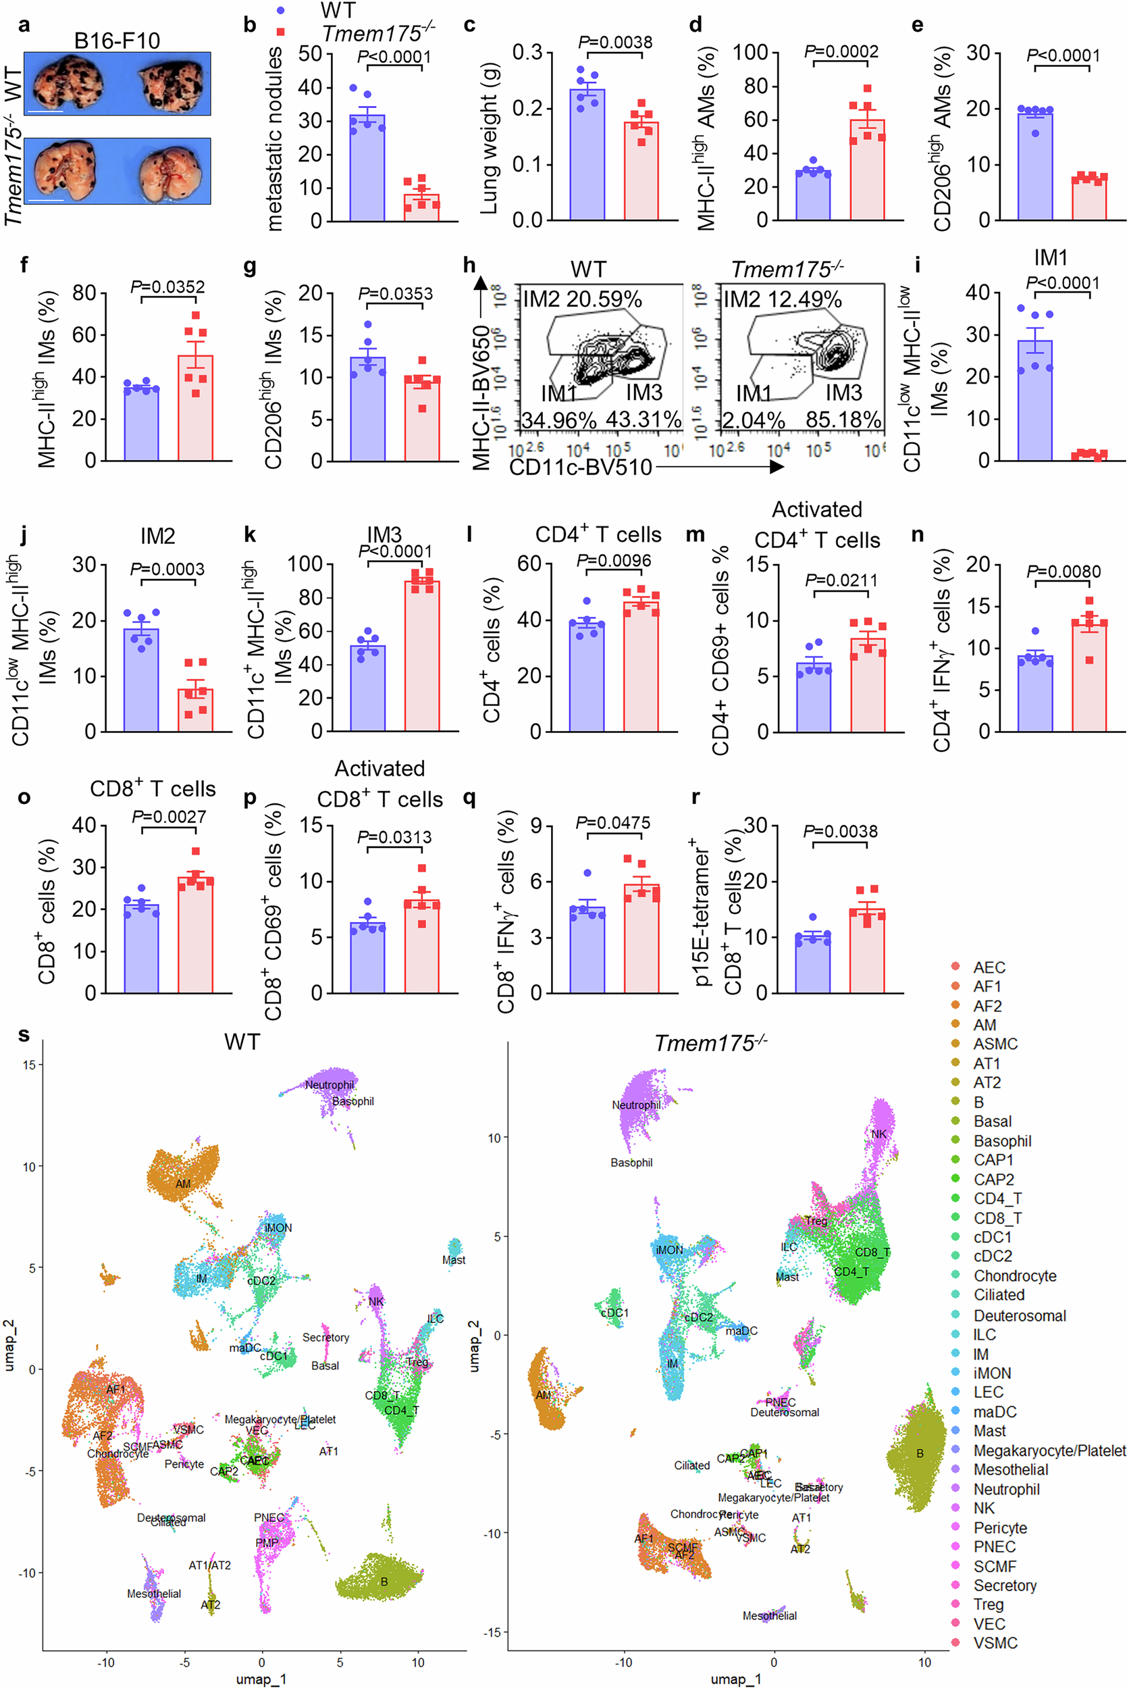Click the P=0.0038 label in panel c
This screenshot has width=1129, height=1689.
(615, 43)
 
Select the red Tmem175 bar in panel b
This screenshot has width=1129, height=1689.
(421, 207)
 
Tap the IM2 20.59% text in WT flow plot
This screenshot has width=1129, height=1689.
(582, 299)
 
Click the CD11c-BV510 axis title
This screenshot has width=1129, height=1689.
(580, 468)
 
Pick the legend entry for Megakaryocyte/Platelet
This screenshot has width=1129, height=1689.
(1049, 1450)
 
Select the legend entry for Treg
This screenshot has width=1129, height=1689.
(988, 1604)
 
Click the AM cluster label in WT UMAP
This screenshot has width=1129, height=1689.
(183, 1184)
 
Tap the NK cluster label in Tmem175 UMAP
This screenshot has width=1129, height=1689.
(878, 1134)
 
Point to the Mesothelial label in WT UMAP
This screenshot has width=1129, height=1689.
(153, 1594)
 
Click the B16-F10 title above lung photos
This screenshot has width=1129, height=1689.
(117, 41)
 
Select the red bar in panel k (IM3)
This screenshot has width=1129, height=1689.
(421, 659)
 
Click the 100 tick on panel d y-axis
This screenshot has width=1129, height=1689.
(750, 53)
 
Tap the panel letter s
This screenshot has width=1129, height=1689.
(24, 1035)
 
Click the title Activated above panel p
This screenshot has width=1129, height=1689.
(379, 769)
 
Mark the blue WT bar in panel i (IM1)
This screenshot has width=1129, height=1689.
(1035, 402)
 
